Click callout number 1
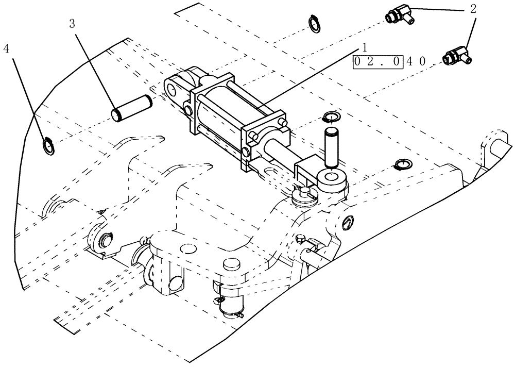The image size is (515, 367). tap(364, 47)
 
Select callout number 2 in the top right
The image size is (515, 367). tap(472, 8)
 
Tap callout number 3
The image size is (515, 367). tap(72, 24)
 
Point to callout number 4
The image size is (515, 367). tap(6, 49)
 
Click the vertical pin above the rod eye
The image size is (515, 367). tap(330, 147)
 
